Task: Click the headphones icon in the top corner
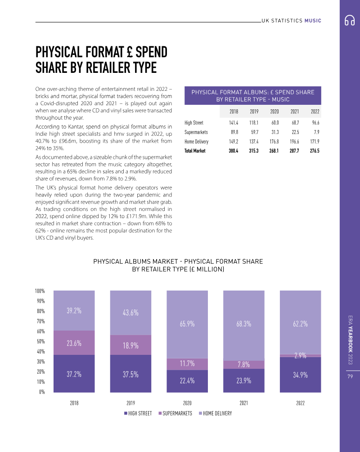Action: coord(350,21)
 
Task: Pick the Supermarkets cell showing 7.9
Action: coord(316,132)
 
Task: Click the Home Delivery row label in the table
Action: coord(196,141)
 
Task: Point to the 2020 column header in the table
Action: coord(274,112)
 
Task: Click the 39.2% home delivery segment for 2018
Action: coord(74,310)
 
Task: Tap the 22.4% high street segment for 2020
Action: coord(187,380)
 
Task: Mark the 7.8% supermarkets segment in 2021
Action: coord(244,364)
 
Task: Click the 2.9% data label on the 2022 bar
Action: coord(301,356)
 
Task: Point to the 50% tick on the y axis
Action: coord(40,341)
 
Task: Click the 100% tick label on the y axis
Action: coord(40,291)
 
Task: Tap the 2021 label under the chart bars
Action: coord(244,403)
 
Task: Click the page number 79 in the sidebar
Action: coord(350,376)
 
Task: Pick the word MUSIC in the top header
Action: coord(313,21)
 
